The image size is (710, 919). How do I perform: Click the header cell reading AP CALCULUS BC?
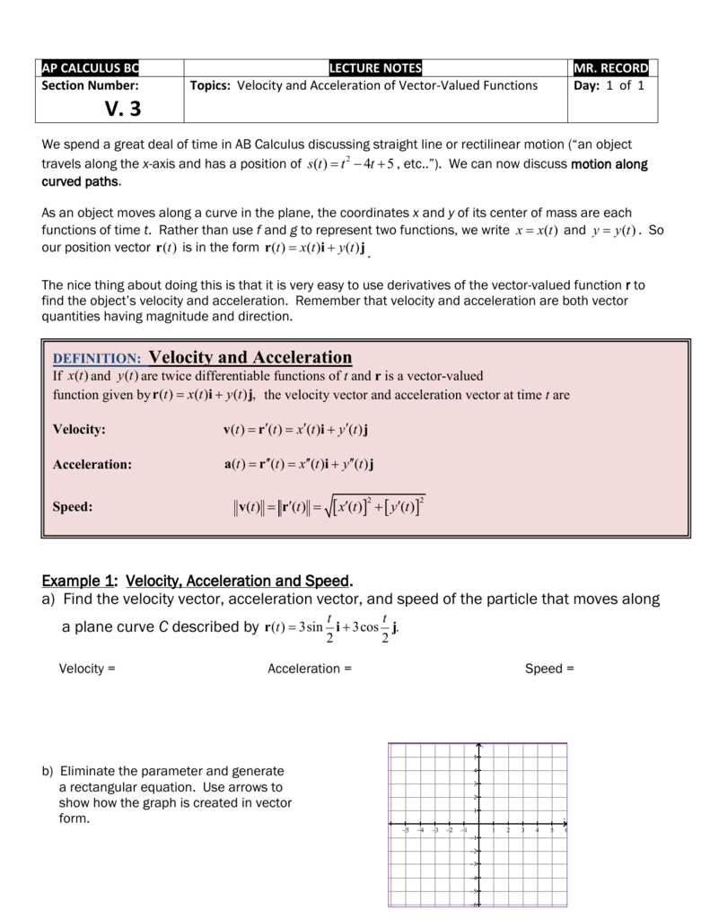(x=92, y=68)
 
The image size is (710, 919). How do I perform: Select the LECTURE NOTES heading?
(x=375, y=68)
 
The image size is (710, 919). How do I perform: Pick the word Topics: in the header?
(x=211, y=86)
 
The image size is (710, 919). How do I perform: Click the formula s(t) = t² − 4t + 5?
(x=349, y=164)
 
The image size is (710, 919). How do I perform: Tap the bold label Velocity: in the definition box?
(x=79, y=429)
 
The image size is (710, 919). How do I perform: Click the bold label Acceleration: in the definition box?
(x=92, y=464)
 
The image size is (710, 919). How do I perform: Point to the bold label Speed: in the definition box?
(x=73, y=507)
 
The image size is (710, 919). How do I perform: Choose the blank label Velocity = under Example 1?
(x=87, y=669)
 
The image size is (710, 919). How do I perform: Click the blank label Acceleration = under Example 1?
(x=309, y=669)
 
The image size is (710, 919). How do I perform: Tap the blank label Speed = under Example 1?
(x=549, y=669)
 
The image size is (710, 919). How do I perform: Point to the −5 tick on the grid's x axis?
(x=406, y=830)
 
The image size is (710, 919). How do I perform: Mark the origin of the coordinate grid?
(x=479, y=824)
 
